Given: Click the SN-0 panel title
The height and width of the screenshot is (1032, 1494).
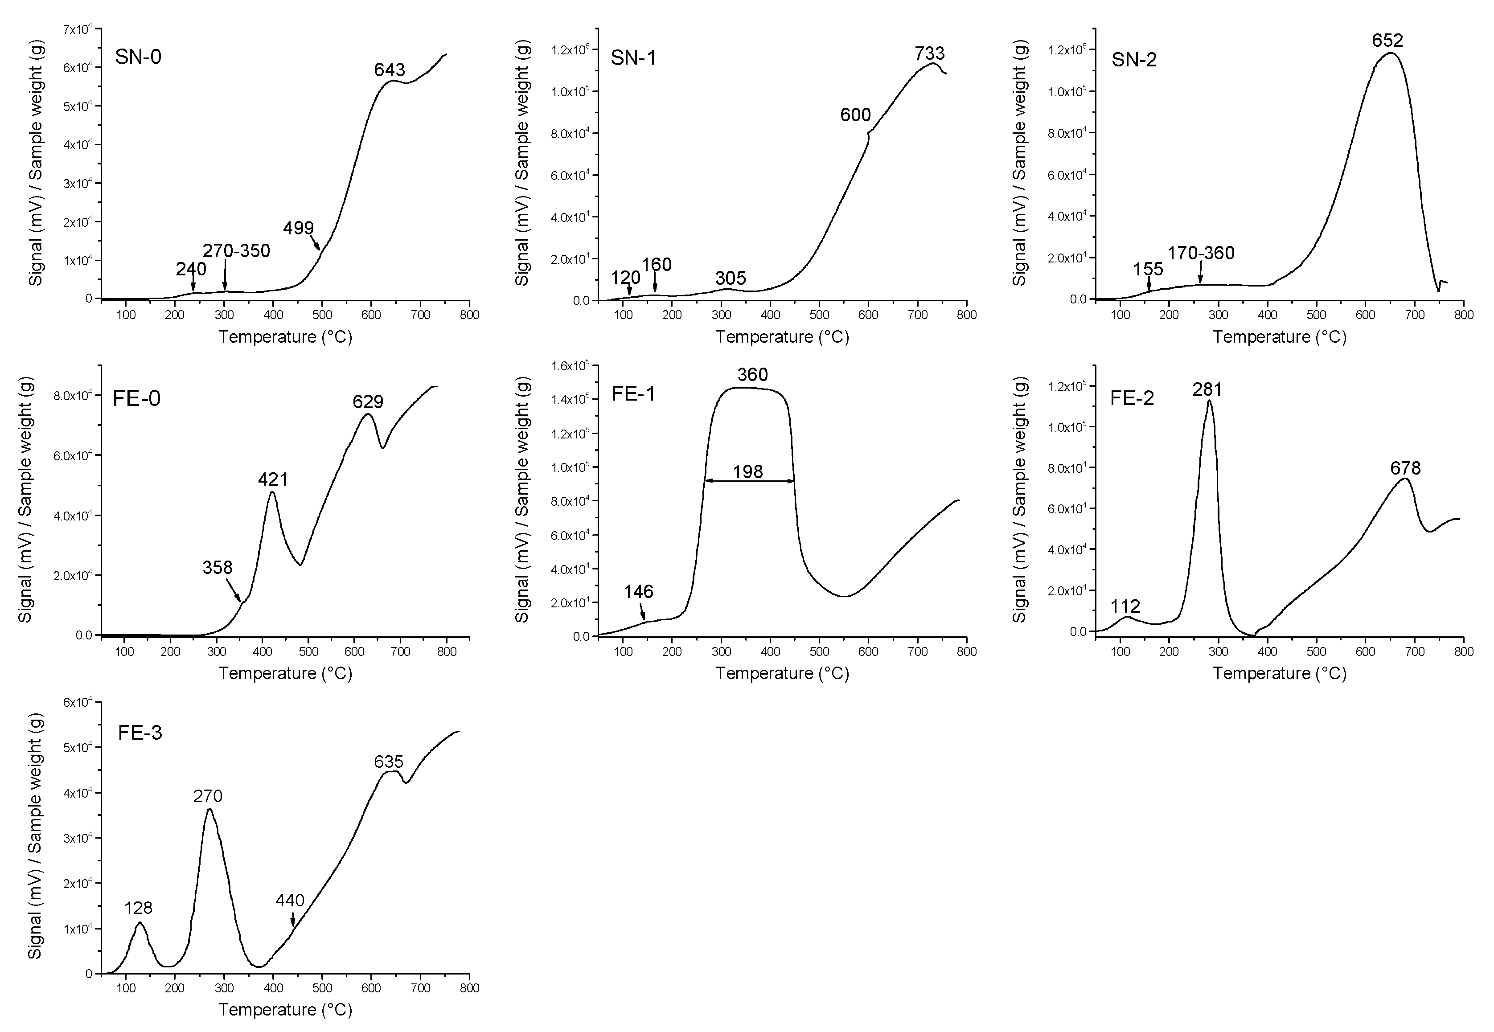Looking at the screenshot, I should [139, 57].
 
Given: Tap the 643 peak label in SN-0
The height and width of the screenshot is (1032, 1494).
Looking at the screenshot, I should [390, 69].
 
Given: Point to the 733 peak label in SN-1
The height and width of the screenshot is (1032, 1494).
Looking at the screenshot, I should [929, 53].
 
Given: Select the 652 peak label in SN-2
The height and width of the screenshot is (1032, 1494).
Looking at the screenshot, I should [1387, 41].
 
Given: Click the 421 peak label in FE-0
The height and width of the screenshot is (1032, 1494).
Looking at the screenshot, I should [272, 479].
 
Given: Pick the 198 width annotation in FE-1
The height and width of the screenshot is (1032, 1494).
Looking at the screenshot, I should [747, 472].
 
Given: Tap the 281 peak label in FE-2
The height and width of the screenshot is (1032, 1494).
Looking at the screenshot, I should [1207, 389].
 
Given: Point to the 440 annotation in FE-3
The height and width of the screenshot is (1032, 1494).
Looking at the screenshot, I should [290, 900].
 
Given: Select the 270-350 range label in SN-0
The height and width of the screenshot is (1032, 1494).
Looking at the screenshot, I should [236, 251].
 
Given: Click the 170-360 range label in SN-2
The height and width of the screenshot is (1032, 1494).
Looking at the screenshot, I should [1200, 253].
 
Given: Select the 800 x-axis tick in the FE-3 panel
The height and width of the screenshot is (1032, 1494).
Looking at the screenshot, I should [469, 988].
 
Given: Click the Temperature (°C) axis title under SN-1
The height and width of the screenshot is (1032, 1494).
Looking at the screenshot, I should [782, 337].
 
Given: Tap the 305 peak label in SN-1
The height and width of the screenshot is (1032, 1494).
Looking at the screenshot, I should [730, 278].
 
